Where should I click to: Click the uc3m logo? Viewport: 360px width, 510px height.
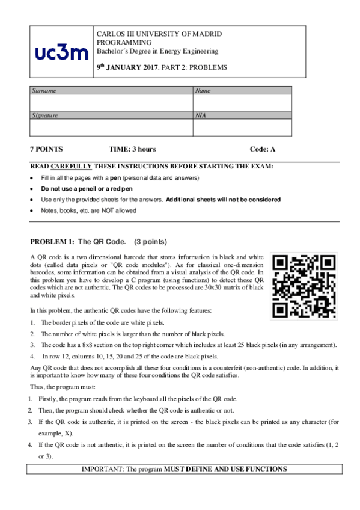[62, 54]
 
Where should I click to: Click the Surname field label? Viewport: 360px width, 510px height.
[44, 90]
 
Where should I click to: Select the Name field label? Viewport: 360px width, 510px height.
[203, 90]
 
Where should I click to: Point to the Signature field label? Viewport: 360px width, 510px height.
[46, 114]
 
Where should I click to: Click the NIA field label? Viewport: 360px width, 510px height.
[201, 114]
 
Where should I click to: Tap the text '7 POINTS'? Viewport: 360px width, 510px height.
[46, 149]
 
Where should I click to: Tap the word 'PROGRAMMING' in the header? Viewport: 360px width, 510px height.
[124, 43]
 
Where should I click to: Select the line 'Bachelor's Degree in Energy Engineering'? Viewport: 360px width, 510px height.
[157, 51]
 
